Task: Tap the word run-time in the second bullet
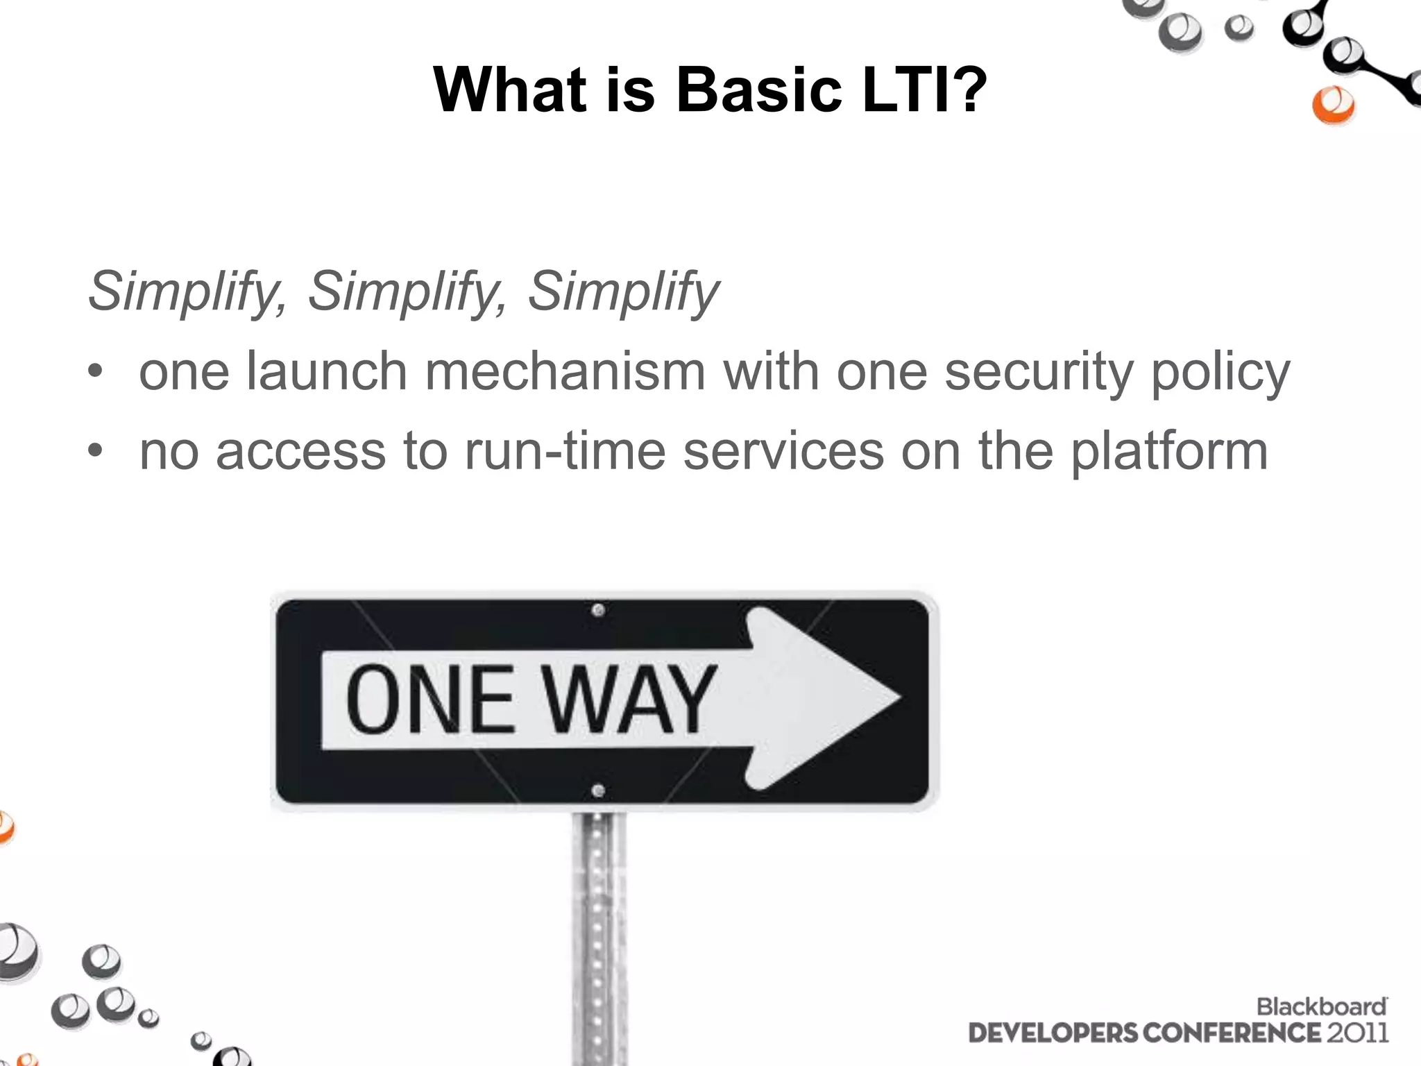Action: coord(565,451)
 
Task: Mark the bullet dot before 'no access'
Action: coord(95,452)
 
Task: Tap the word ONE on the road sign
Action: coord(430,700)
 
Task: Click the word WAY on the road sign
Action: coord(629,700)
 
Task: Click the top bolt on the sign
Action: coord(598,611)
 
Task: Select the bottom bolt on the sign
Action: coord(598,790)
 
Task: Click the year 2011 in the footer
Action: coord(1358,1033)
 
